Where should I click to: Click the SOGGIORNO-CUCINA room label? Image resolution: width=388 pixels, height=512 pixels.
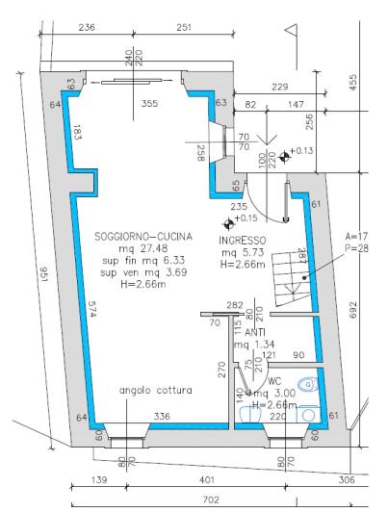[143, 236]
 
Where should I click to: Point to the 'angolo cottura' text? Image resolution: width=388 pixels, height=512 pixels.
[156, 391]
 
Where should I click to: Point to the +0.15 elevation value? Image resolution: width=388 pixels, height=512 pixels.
[246, 218]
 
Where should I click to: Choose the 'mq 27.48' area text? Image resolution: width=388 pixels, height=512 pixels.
[143, 248]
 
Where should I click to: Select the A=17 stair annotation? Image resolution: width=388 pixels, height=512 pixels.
[357, 236]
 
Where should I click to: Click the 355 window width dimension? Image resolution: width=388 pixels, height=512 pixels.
[147, 103]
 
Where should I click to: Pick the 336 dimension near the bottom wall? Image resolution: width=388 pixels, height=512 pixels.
[162, 416]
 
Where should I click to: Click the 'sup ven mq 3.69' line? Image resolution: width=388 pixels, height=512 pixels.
[143, 272]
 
